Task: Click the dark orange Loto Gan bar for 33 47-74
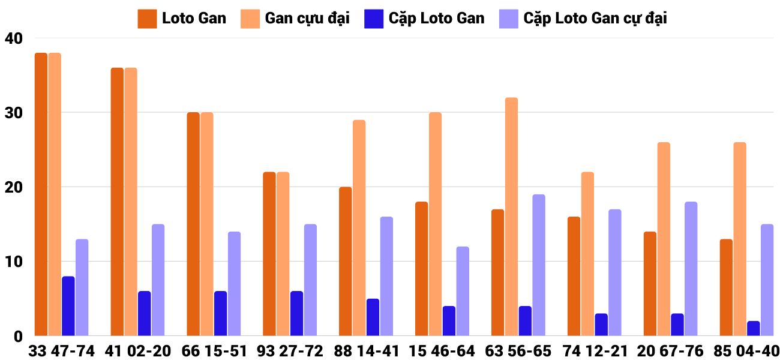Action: coord(41,194)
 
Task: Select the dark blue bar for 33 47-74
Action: coord(68,306)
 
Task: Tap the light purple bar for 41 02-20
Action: coord(158,280)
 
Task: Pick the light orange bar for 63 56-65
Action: coord(511,217)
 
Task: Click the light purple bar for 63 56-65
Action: coord(539,265)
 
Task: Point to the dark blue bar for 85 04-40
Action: coord(754,329)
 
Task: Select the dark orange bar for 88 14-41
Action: coord(346,262)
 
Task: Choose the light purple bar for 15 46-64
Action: coord(463,291)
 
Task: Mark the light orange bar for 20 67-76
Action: coord(664,239)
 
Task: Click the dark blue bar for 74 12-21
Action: coord(601,325)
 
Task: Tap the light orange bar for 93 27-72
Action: coord(283,254)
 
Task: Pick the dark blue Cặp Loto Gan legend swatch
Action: coord(373,19)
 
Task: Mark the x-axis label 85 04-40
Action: coord(746,351)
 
